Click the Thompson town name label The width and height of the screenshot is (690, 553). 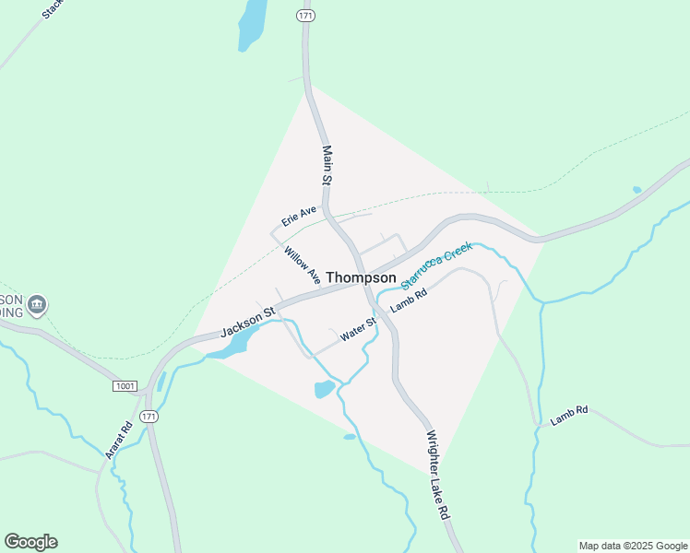pos(361,277)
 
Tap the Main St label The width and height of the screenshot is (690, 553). pos(326,165)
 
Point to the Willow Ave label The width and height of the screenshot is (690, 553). pos(303,265)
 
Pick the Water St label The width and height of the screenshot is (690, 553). pos(359,330)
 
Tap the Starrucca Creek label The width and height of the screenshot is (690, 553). pos(436,266)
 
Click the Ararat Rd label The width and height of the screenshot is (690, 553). pos(114,441)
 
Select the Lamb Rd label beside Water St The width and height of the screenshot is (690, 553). pos(409,301)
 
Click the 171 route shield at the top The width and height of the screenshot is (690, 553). pos(306,17)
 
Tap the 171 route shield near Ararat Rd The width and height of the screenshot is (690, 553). pos(149,417)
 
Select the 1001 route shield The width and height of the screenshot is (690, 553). pos(125,386)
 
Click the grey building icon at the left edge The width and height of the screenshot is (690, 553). pos(36,304)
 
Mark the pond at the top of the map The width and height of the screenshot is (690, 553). pos(252,23)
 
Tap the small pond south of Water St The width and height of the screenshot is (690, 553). pos(325,389)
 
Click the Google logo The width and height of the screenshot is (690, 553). pos(30,542)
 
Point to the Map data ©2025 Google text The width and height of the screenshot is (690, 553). pos(633,546)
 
